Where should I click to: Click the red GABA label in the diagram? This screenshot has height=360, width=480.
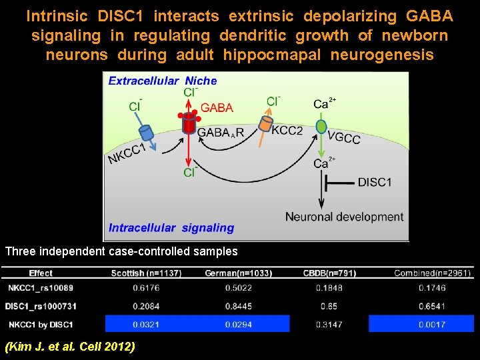(x=217, y=107)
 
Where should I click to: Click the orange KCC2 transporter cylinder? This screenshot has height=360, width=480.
(x=266, y=124)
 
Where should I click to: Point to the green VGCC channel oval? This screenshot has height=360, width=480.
(x=321, y=127)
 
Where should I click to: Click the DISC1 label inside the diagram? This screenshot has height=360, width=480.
(x=374, y=182)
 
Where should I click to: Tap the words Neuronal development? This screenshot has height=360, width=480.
(x=344, y=217)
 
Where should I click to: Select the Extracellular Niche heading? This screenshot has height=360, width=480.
(x=163, y=81)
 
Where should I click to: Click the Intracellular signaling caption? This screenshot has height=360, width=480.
(x=171, y=228)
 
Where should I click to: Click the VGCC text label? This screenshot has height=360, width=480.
(x=344, y=139)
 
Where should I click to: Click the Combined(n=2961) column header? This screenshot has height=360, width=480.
(x=433, y=273)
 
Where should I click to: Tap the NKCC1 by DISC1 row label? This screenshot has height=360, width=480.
(x=41, y=324)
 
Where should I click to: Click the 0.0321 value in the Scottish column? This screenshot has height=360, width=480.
(x=146, y=324)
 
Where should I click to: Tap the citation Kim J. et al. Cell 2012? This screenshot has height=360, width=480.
(x=70, y=346)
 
